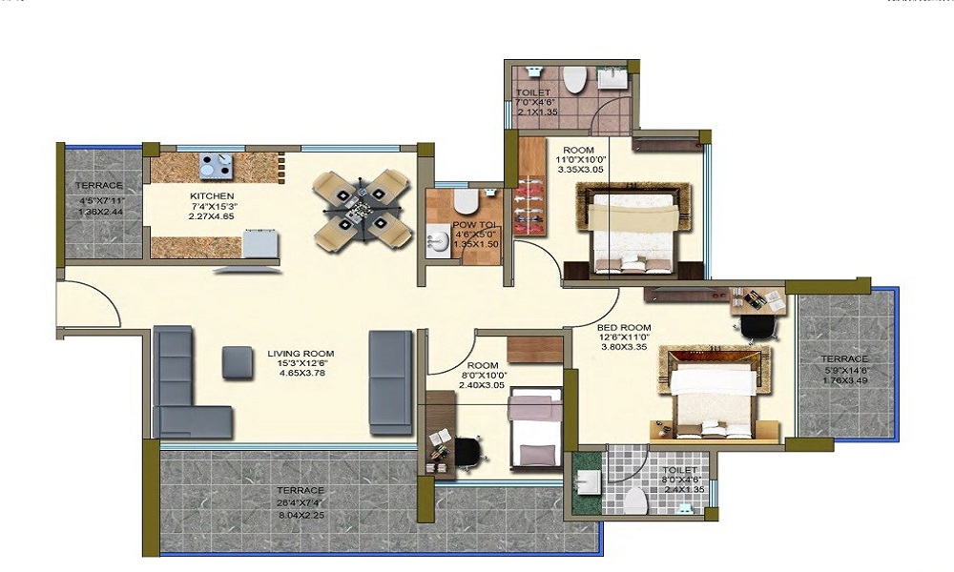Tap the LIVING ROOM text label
(x=301, y=354)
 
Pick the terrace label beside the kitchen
(x=99, y=185)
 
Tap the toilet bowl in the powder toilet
(x=466, y=199)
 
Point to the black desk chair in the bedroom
(x=758, y=325)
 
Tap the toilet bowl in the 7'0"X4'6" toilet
(x=574, y=80)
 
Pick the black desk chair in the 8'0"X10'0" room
(x=465, y=450)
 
